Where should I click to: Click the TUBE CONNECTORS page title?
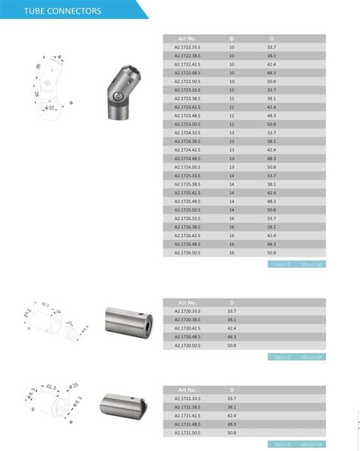[52, 10]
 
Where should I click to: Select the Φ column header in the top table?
[232, 38]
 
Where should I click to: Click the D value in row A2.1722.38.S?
[271, 55]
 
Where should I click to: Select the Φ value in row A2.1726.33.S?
[232, 218]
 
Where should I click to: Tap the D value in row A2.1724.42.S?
[271, 150]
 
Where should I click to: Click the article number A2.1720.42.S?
[187, 328]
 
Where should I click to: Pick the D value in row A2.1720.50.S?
[232, 345]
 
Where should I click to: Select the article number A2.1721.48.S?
[187, 424]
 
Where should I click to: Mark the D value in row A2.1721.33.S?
[232, 399]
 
